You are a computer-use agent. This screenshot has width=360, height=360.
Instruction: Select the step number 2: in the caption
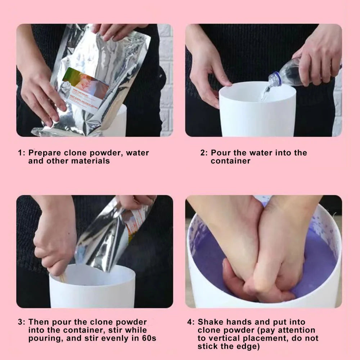pos(204,153)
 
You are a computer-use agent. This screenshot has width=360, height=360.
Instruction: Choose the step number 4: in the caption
pos(191,322)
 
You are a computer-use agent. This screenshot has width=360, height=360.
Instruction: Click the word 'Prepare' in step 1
pos(44,153)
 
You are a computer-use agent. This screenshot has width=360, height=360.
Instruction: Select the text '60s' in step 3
pos(148,339)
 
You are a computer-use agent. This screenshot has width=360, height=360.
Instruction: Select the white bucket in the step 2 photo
pos(257,112)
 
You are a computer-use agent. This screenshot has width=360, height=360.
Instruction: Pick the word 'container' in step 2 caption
pos(230,161)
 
